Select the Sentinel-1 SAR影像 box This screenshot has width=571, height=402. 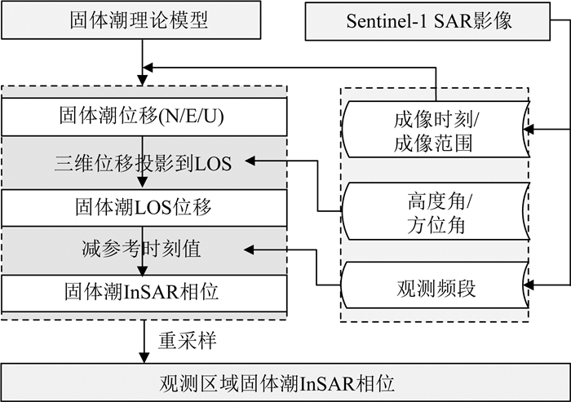[437, 20]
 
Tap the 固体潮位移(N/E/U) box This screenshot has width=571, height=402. [144, 117]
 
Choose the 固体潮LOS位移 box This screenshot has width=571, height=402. [144, 208]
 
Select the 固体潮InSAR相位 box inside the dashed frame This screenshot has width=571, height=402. [144, 289]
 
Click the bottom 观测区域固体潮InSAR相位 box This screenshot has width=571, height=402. [285, 382]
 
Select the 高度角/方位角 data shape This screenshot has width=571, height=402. [436, 211]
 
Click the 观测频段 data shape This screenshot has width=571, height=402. [436, 287]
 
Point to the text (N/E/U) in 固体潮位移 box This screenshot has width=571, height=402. [195, 117]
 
